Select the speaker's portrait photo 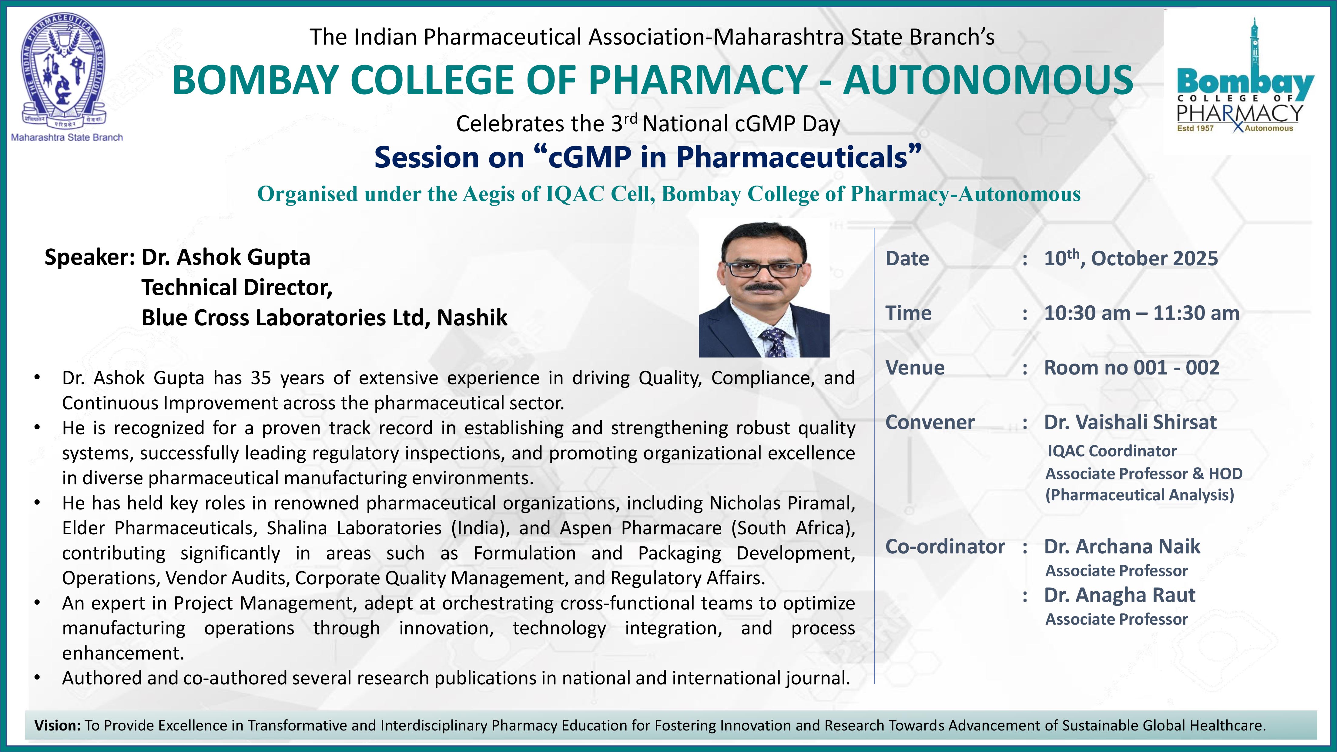[x=764, y=290]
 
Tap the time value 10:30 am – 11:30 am [x=1141, y=313]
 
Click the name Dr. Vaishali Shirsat [x=1130, y=422]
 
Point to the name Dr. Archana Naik [x=1122, y=546]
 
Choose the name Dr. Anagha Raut [x=1120, y=595]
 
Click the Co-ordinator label [x=945, y=546]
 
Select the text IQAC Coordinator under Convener [x=1112, y=451]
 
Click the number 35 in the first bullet [x=261, y=378]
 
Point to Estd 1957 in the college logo [x=1195, y=128]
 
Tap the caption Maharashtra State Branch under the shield [x=67, y=138]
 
